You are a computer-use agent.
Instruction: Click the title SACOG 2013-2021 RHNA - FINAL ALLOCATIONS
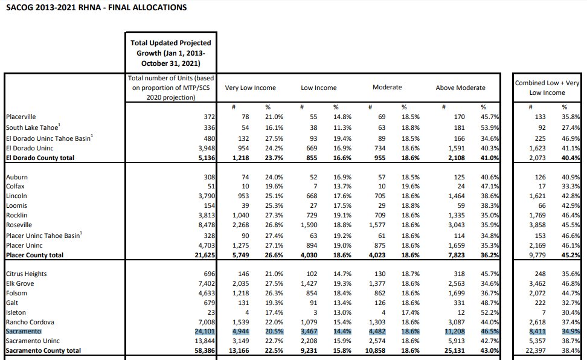pos(95,8)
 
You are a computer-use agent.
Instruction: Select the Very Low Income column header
pos(250,88)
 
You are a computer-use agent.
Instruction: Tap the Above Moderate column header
pos(460,88)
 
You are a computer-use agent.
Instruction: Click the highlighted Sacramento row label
pos(24,332)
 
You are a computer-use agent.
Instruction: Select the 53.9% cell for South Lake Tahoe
pos(489,127)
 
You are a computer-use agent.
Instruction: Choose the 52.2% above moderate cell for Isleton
pos(489,313)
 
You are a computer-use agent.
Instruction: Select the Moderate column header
pos(387,88)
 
